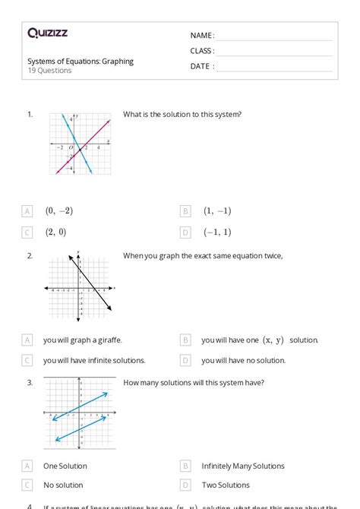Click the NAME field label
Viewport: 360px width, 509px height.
coord(202,36)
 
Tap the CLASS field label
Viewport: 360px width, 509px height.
coord(202,51)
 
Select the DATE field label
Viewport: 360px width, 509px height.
coord(202,66)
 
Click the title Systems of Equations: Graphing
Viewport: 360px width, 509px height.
coord(81,62)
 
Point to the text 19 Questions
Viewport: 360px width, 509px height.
coord(49,71)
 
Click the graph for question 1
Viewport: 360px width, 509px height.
coord(80,143)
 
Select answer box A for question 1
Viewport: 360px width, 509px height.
coord(27,211)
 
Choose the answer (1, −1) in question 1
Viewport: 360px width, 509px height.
coord(217,211)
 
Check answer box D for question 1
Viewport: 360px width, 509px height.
coord(185,232)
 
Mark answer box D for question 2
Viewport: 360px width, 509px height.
coord(185,360)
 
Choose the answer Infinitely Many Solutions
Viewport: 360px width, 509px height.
coord(239,466)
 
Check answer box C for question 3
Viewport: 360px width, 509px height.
coord(27,485)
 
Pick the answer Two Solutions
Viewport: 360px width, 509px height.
coord(226,485)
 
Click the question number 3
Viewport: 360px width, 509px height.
coord(30,383)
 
